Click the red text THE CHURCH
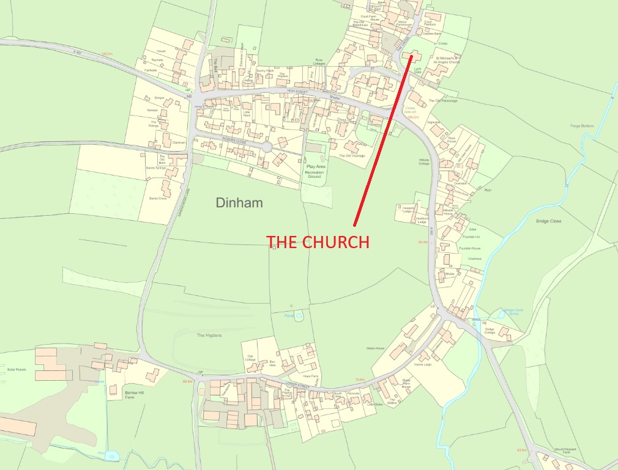click(318, 242)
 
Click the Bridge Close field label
click(548, 220)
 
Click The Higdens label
click(209, 335)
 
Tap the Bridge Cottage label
click(489, 332)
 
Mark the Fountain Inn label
click(471, 237)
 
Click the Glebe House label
click(375, 348)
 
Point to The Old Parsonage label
click(442, 101)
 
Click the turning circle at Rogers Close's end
click(267, 147)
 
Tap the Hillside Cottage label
click(424, 161)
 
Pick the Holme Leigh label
click(423, 365)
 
